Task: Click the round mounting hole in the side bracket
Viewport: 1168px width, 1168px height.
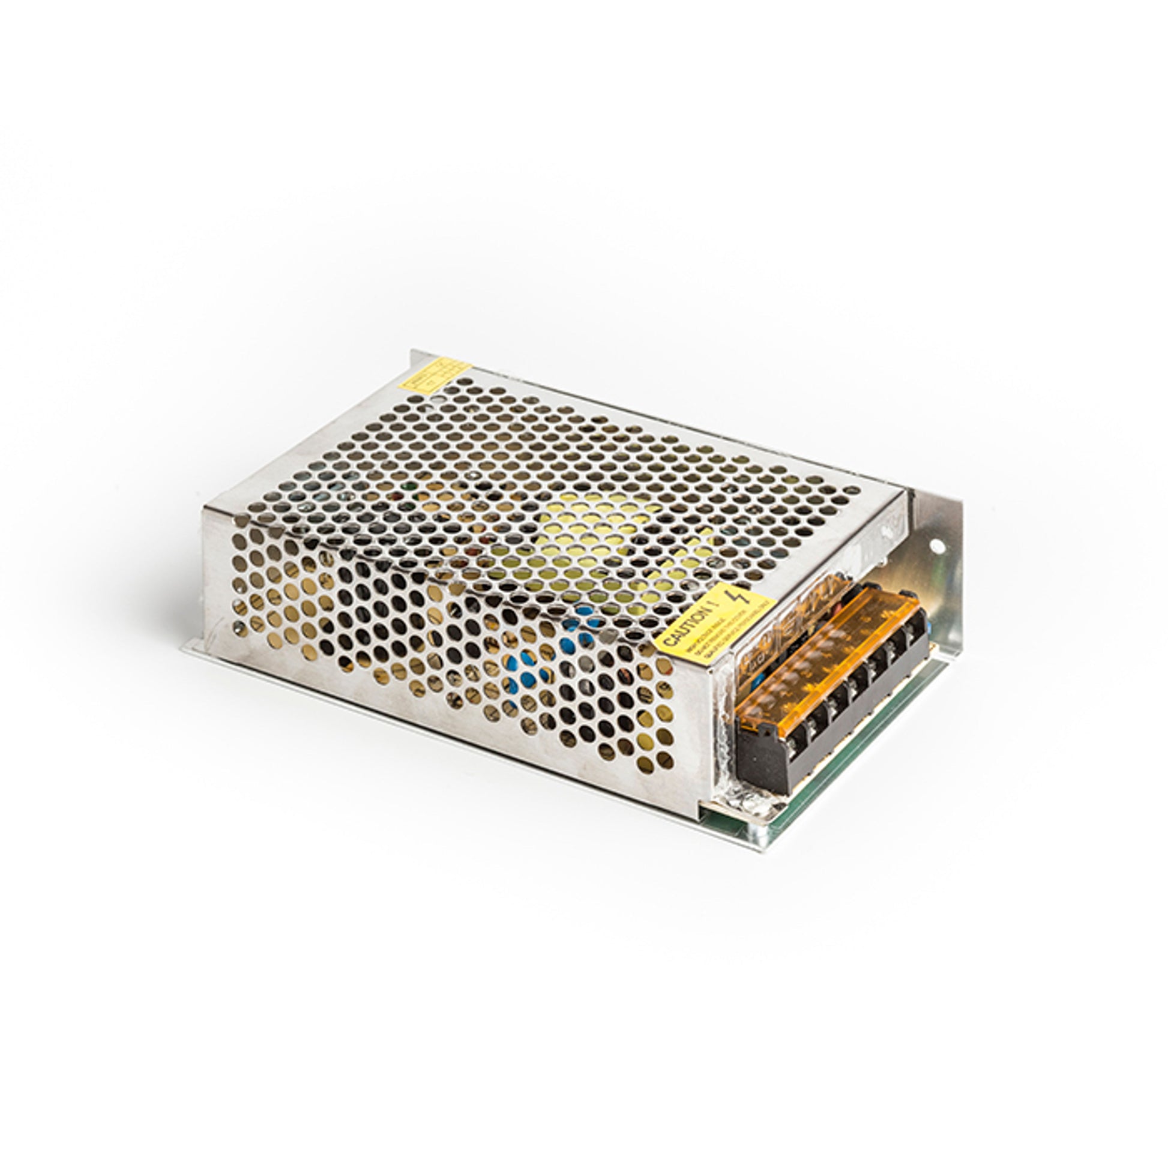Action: [938, 547]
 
